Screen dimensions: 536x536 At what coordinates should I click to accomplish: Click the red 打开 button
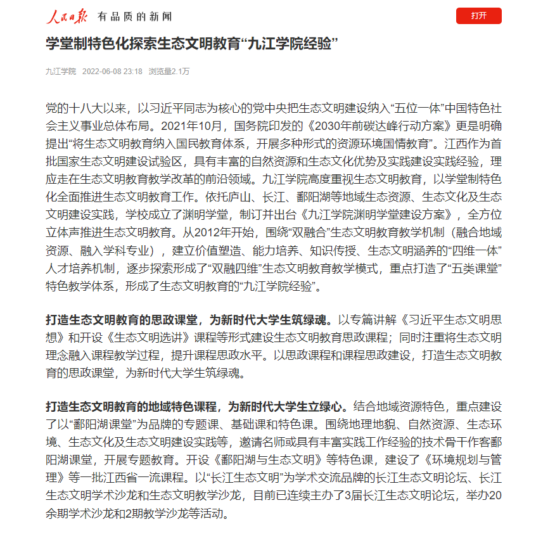478,16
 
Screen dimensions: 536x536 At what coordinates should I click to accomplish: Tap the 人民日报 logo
68,16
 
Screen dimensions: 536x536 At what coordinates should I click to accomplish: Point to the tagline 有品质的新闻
134,16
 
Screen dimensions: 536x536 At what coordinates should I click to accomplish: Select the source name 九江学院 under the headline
60,72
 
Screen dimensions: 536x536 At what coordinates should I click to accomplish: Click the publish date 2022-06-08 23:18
112,72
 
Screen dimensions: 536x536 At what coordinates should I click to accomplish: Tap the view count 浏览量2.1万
169,72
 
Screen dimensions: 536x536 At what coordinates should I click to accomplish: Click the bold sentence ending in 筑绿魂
188,319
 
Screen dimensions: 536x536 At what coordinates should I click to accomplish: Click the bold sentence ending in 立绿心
196,406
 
